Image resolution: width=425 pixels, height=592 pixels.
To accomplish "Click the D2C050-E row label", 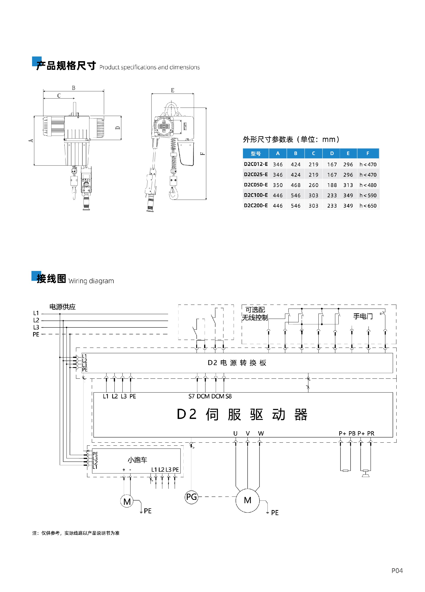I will pos(255,185).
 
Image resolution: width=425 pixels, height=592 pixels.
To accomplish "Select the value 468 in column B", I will pos(295,185).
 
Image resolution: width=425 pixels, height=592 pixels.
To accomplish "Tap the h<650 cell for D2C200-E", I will pos(368,206).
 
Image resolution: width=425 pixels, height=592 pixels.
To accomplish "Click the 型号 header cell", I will pos(255,154).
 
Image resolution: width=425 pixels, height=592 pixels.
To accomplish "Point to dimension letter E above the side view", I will pos(173,90).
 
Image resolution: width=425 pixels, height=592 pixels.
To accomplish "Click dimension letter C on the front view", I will pos(59,95).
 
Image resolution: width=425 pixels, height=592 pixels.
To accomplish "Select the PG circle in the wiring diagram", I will pos(191,497).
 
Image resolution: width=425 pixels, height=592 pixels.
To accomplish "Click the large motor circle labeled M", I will pos(247,500).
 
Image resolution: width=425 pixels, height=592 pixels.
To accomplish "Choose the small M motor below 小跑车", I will pos(127,501).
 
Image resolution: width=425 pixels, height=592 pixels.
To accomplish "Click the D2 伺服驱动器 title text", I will pos(242,414).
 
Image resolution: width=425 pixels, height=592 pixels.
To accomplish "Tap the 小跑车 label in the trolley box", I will pos(137,460).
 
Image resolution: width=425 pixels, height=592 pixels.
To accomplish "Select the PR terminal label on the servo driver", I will pos(371,433).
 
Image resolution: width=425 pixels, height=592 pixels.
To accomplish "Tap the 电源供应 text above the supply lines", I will pos(62,307).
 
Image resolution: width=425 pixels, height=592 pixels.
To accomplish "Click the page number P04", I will pos(397,571).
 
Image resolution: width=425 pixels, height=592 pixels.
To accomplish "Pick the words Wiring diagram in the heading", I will pos(91,281).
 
